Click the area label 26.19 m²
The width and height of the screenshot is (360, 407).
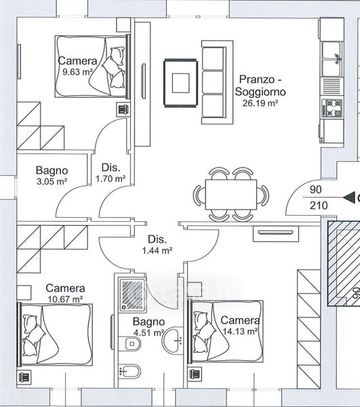260,103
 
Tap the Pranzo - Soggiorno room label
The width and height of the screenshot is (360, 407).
260,85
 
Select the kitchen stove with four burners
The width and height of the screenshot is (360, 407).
332,109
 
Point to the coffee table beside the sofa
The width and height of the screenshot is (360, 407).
180,83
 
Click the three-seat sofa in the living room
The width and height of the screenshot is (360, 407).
217,82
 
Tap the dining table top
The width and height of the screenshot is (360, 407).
231,195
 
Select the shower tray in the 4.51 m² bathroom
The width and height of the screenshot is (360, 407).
132,294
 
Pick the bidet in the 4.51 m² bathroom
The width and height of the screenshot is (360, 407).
129,372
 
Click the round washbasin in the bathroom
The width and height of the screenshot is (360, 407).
172,340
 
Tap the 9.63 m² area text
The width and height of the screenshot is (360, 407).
77,72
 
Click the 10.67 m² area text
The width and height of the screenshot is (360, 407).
65,299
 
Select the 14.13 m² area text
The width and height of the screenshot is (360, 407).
240,332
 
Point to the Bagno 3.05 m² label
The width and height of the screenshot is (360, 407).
52,176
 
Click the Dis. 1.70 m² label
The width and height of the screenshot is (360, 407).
111,173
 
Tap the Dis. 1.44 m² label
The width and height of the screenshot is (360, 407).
157,245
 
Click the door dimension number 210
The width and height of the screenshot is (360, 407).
319,206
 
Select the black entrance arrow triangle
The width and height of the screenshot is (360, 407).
349,198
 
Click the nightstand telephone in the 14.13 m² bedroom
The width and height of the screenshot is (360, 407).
195,374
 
